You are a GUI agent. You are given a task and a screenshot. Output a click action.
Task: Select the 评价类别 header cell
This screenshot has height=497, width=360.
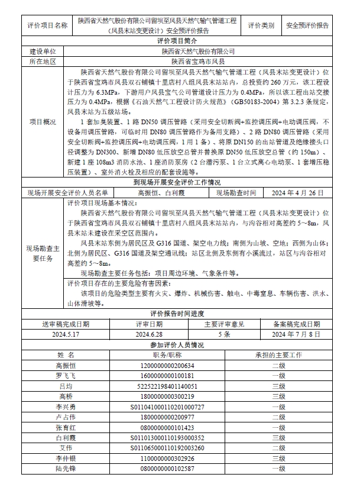pos(261,26)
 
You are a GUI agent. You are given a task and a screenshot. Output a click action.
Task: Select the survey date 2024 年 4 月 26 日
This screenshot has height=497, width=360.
pos(297,193)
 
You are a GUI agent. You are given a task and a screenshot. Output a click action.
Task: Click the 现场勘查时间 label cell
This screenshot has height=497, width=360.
pos(236,193)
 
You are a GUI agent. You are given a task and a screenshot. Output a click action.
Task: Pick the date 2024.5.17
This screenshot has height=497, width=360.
pos(66,334)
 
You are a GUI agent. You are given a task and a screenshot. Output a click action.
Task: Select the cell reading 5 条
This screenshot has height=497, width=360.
pos(224,334)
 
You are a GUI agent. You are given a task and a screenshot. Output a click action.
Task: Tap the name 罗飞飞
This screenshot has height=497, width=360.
pos(66,376)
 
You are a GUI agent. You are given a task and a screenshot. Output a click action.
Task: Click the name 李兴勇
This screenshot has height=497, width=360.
pos(66,408)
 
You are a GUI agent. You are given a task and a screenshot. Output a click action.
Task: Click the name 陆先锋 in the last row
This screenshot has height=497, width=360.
pos(66,469)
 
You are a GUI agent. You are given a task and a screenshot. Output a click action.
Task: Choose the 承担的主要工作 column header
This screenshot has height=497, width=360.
pos(278,355)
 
